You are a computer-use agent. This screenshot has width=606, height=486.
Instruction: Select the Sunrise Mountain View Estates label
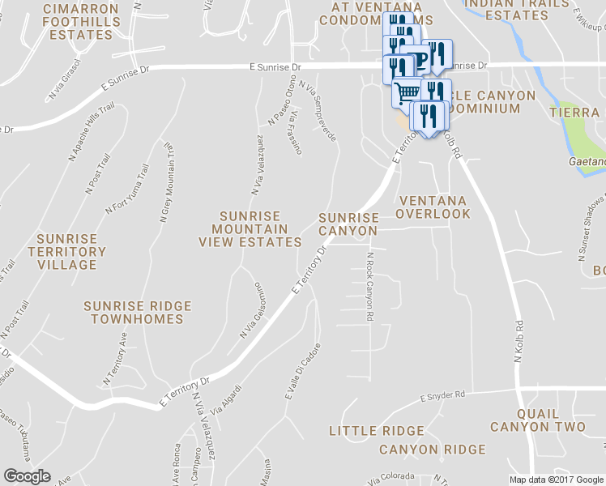point(250,229)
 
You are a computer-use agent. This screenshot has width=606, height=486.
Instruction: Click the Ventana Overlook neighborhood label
point(433,207)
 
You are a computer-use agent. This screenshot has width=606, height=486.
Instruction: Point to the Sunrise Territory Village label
point(66,252)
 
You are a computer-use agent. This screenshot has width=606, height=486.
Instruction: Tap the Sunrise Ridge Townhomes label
point(138,313)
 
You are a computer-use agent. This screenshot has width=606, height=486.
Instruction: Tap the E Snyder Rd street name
point(442,395)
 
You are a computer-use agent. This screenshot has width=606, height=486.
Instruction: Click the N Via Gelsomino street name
point(251,310)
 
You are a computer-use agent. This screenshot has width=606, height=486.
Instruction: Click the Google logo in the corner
point(28,475)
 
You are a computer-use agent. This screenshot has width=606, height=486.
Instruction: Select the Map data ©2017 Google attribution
point(555,480)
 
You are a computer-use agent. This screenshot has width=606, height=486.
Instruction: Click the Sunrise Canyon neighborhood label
point(348,224)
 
